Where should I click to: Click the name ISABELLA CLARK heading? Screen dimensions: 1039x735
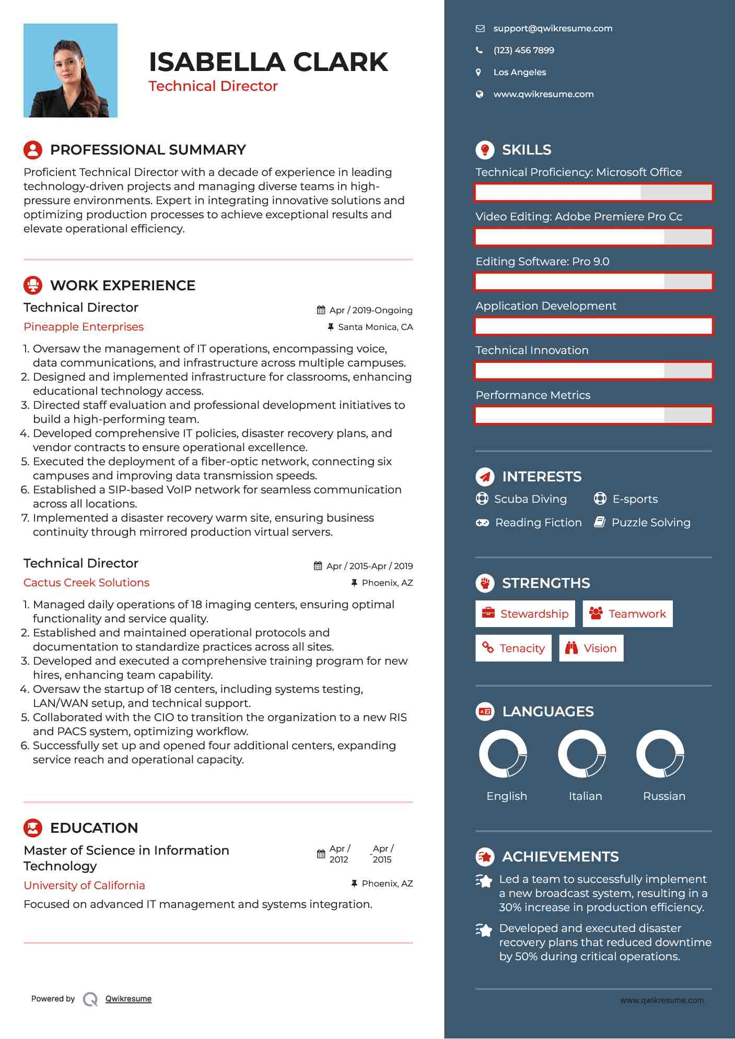269,62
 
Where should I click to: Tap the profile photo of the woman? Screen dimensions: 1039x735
71,70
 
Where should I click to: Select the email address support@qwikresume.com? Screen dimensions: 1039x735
553,29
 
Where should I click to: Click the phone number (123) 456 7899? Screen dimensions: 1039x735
523,51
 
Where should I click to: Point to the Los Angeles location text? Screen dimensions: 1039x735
519,73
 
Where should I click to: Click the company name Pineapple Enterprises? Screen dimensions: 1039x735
84,327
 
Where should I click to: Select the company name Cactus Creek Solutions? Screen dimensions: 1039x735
86,583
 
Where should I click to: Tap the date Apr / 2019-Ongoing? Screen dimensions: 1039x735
370,310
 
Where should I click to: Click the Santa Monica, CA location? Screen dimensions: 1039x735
375,327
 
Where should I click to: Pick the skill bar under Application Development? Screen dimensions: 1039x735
593,326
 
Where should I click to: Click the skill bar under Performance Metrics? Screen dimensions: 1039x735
593,416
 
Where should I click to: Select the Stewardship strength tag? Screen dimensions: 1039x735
525,614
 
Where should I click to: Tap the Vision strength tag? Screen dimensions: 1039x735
591,648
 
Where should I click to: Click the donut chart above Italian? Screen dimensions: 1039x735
581,754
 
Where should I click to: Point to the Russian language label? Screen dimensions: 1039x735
664,796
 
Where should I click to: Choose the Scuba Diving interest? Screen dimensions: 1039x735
530,499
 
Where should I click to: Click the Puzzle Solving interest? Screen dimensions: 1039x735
650,523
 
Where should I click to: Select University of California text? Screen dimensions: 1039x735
84,885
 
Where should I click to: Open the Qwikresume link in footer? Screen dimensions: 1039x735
129,999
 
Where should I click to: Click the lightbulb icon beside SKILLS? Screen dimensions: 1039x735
485,150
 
